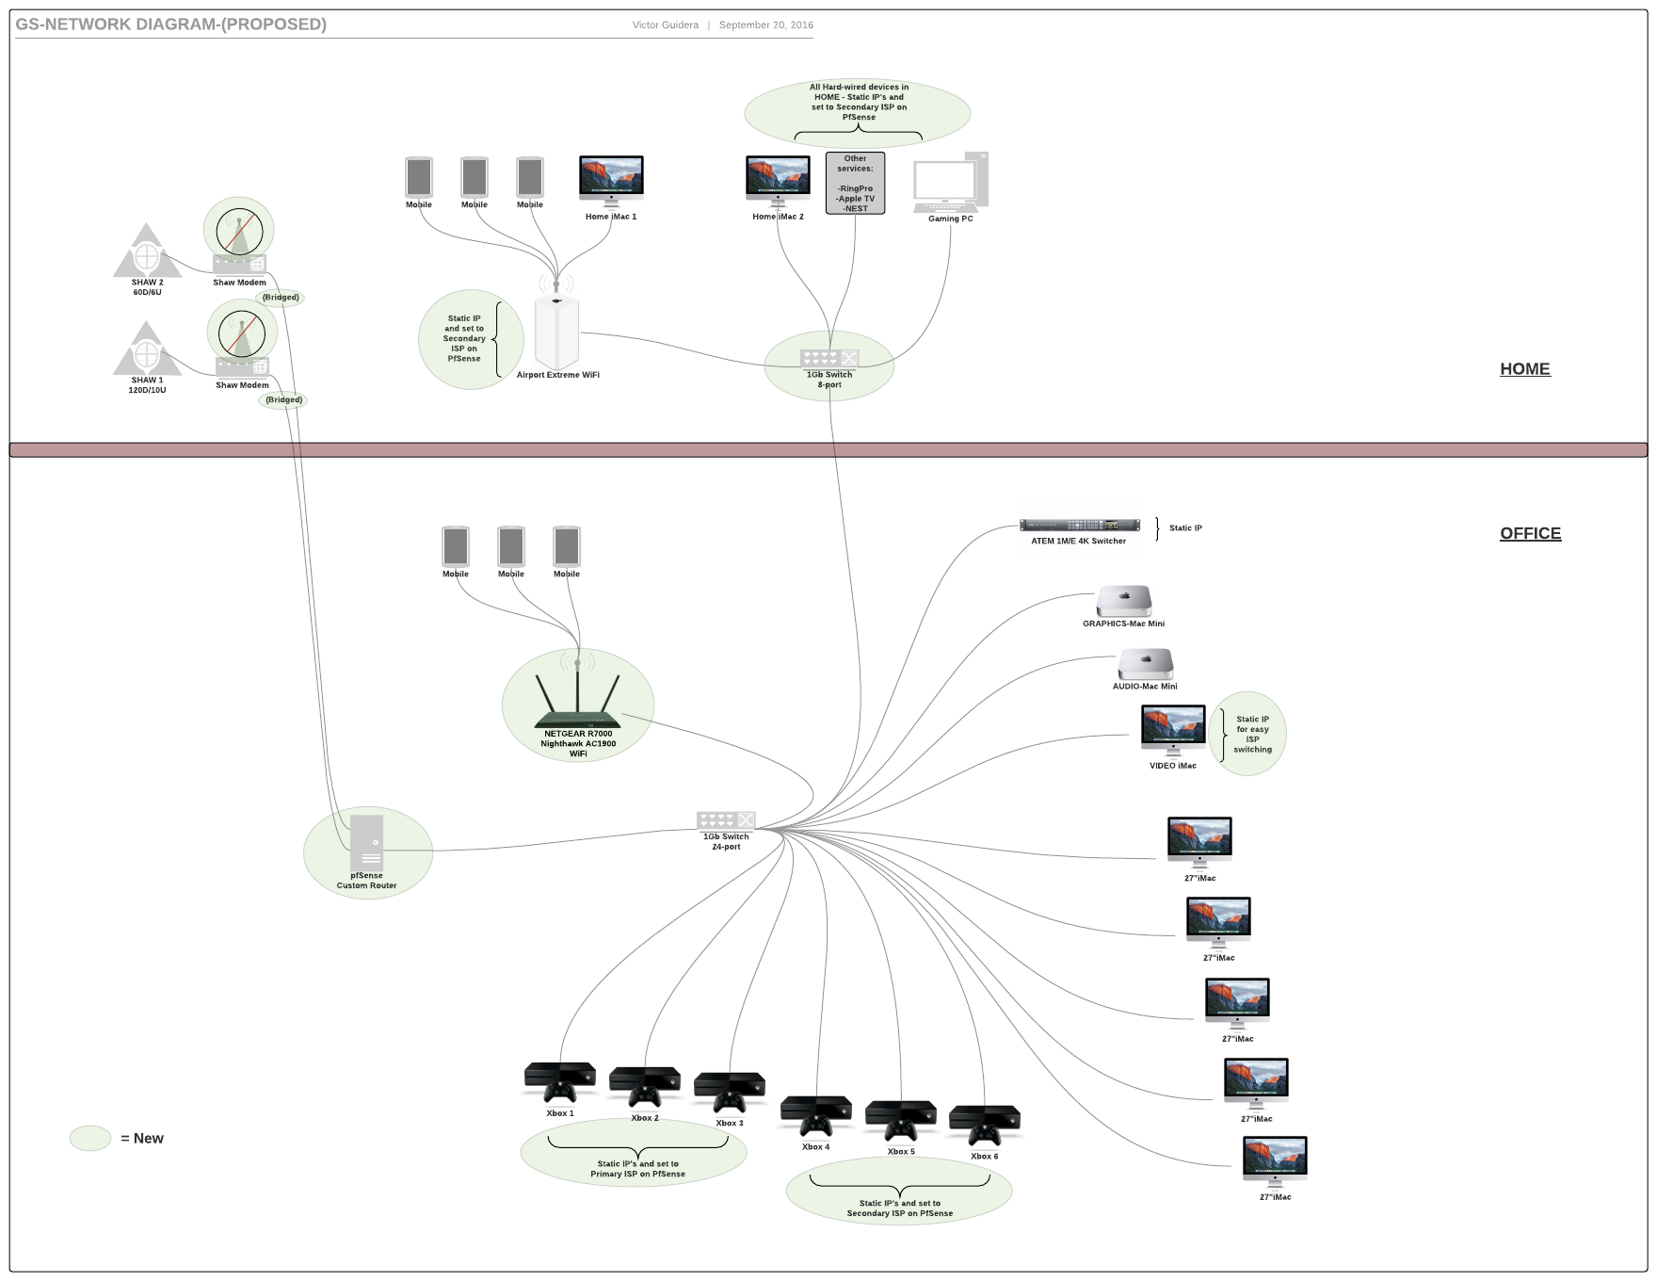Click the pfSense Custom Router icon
366,842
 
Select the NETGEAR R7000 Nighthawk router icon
577,702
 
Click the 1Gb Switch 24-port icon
726,820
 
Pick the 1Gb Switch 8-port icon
829,359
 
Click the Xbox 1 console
560,1082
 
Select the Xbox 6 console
985,1126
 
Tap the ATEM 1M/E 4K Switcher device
1079,526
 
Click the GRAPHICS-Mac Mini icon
1124,601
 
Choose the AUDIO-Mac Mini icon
1145,664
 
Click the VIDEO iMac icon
1173,730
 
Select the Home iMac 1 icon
611,181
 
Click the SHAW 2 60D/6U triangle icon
147,251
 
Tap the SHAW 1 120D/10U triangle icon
147,349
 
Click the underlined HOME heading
1524,369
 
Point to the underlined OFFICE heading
1530,533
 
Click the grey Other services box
855,183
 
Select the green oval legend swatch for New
90,1138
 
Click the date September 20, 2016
765,25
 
